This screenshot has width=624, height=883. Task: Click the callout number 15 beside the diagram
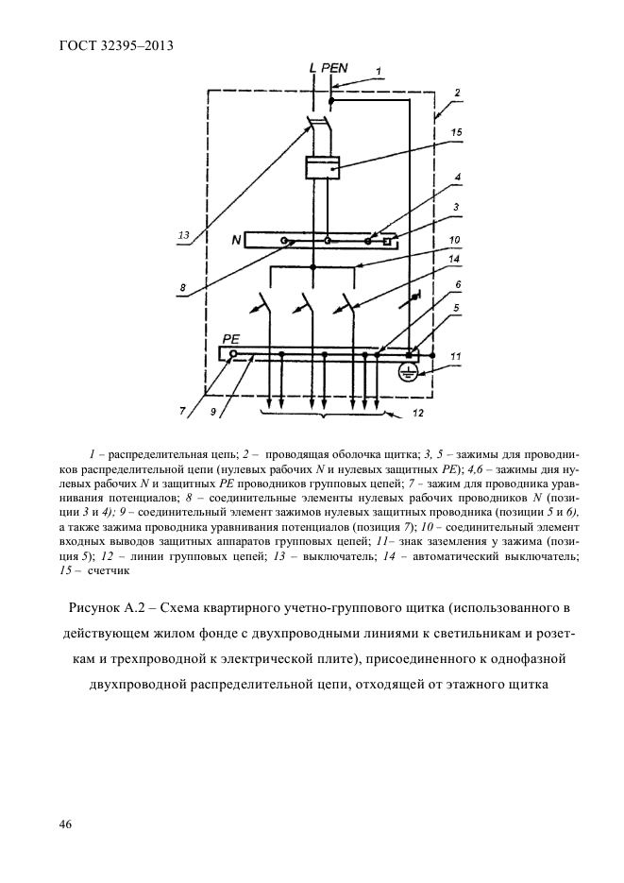(456, 133)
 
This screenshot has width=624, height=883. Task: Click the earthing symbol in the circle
(410, 371)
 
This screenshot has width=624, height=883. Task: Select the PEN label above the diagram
(334, 68)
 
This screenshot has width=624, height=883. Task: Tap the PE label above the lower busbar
(232, 339)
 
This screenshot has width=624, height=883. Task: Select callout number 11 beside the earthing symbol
(457, 356)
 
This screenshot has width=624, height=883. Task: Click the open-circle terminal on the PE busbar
(232, 354)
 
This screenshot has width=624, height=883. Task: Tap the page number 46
(66, 824)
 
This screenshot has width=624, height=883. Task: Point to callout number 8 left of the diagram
(182, 287)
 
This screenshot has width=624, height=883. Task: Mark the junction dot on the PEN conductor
(329, 100)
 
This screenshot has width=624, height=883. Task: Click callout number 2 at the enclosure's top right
(457, 93)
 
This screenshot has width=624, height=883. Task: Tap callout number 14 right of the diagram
(454, 259)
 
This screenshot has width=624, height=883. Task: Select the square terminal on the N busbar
(385, 242)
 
